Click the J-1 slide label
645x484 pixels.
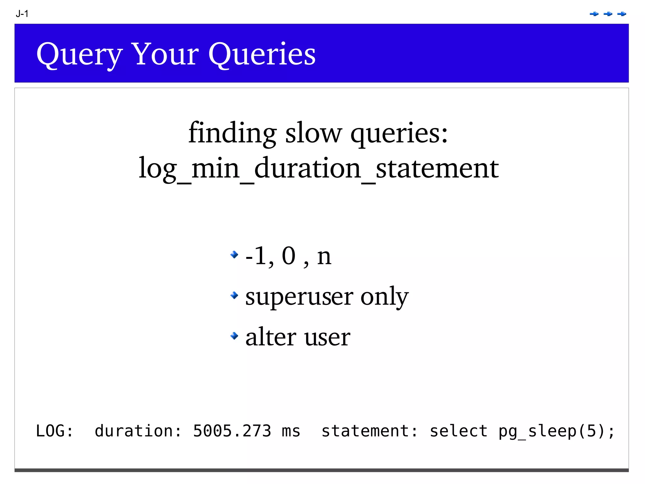pyautogui.click(x=22, y=14)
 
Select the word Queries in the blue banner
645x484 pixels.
pyautogui.click(x=262, y=55)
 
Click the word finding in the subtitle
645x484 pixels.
pyautogui.click(x=232, y=133)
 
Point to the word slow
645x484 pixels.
pyautogui.click(x=313, y=133)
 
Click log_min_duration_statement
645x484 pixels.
pyautogui.click(x=319, y=168)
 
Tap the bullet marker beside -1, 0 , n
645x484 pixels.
pyautogui.click(x=234, y=254)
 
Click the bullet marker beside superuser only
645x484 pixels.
pyautogui.click(x=234, y=295)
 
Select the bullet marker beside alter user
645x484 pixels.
pyautogui.click(x=234, y=336)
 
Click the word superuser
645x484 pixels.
pyautogui.click(x=299, y=297)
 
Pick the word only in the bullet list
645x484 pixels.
pyautogui.click(x=384, y=297)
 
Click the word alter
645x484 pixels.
pyautogui.click(x=271, y=337)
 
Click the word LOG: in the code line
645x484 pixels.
pyautogui.click(x=54, y=431)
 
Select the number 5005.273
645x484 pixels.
pyautogui.click(x=232, y=431)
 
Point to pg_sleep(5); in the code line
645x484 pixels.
pyautogui.click(x=556, y=431)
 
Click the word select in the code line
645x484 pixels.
pyautogui.click(x=459, y=431)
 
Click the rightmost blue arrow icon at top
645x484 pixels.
pyautogui.click(x=621, y=14)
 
